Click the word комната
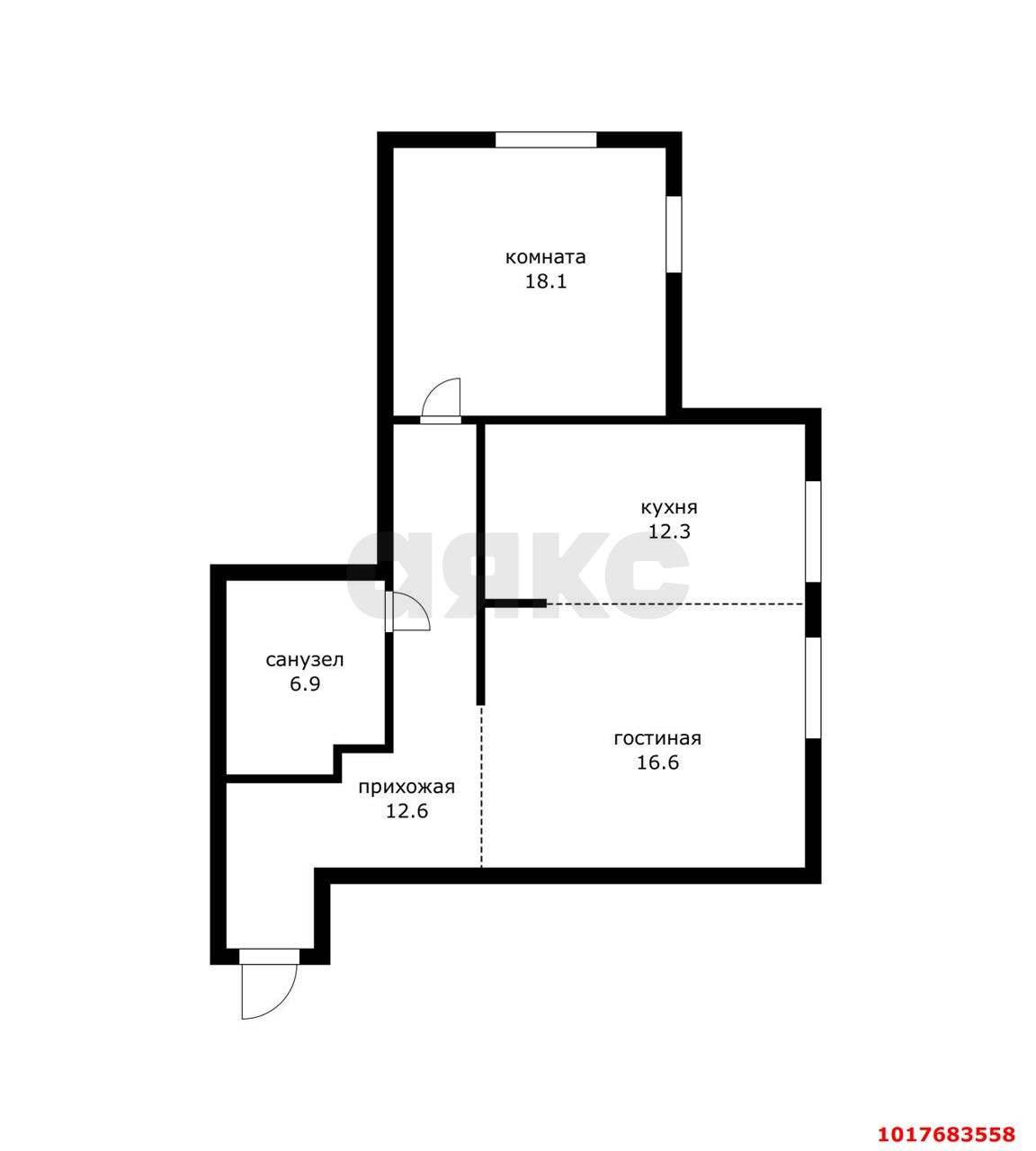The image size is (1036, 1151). [x=545, y=257]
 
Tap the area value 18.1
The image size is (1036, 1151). [x=546, y=281]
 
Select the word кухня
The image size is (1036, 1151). [x=669, y=508]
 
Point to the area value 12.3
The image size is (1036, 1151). [x=669, y=532]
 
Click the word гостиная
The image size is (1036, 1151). [x=657, y=738]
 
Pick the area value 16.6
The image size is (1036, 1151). [x=657, y=763]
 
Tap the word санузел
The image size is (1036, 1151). [x=305, y=660]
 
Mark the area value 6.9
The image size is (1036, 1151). [x=305, y=684]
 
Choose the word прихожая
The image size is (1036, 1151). [x=407, y=787]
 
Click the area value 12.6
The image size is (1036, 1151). [x=407, y=811]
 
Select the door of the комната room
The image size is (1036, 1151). [x=441, y=402]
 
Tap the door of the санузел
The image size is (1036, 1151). [x=407, y=611]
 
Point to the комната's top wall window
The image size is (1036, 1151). [x=546, y=139]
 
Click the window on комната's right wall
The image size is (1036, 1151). [x=674, y=234]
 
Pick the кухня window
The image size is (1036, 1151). [x=813, y=531]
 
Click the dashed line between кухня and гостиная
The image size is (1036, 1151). [x=675, y=604]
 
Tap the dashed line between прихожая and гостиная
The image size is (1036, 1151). [x=481, y=787]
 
